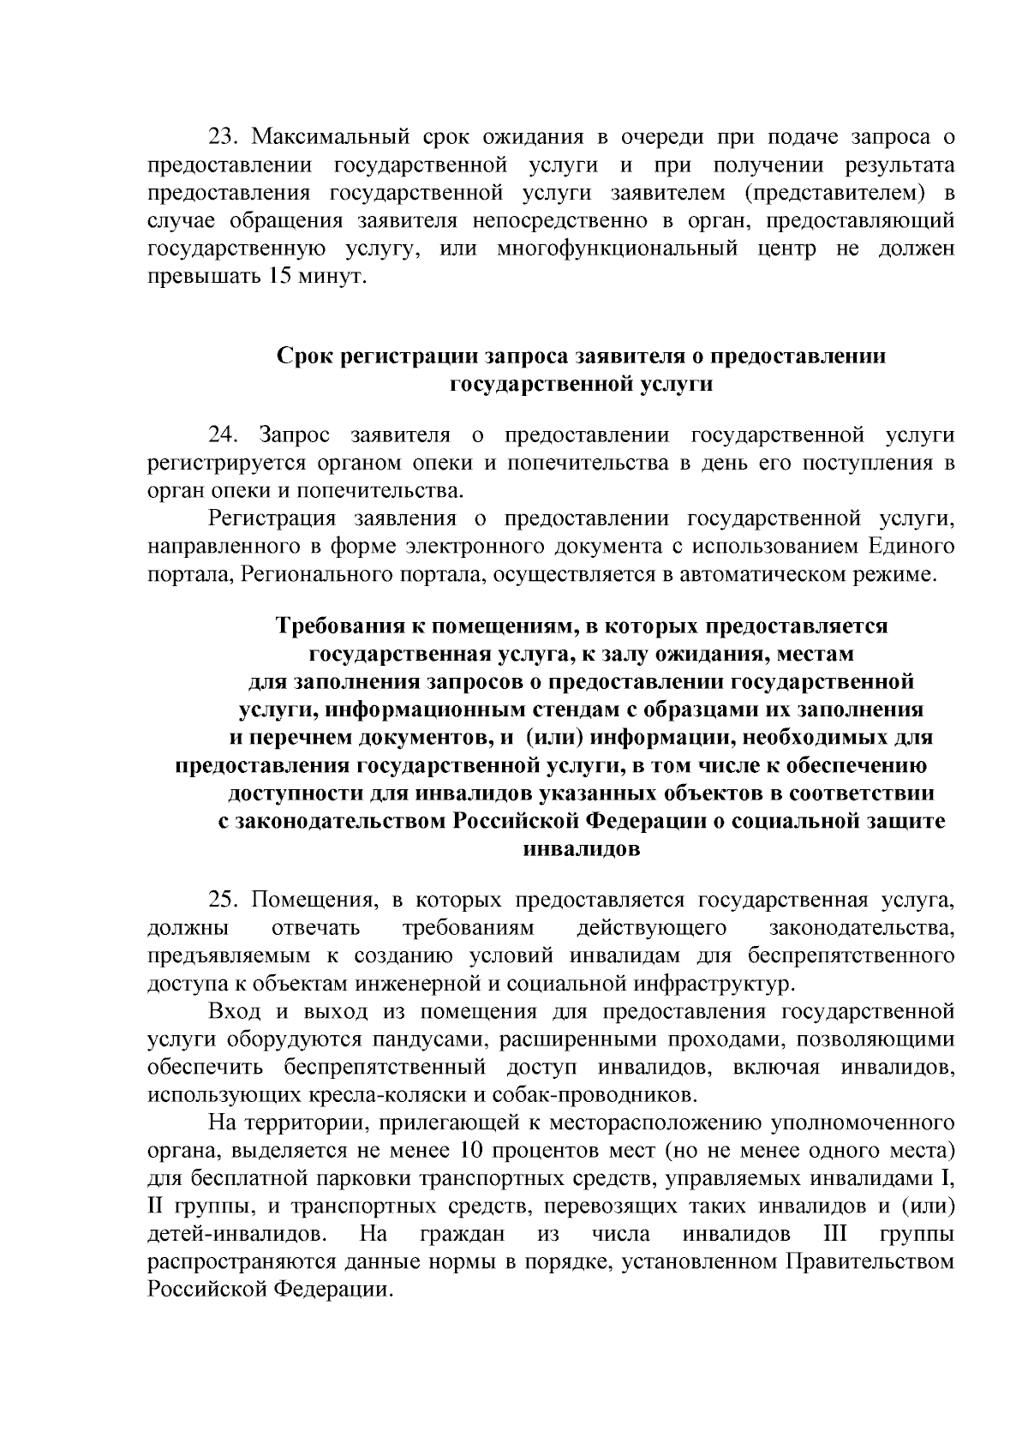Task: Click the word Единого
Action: pos(911,546)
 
